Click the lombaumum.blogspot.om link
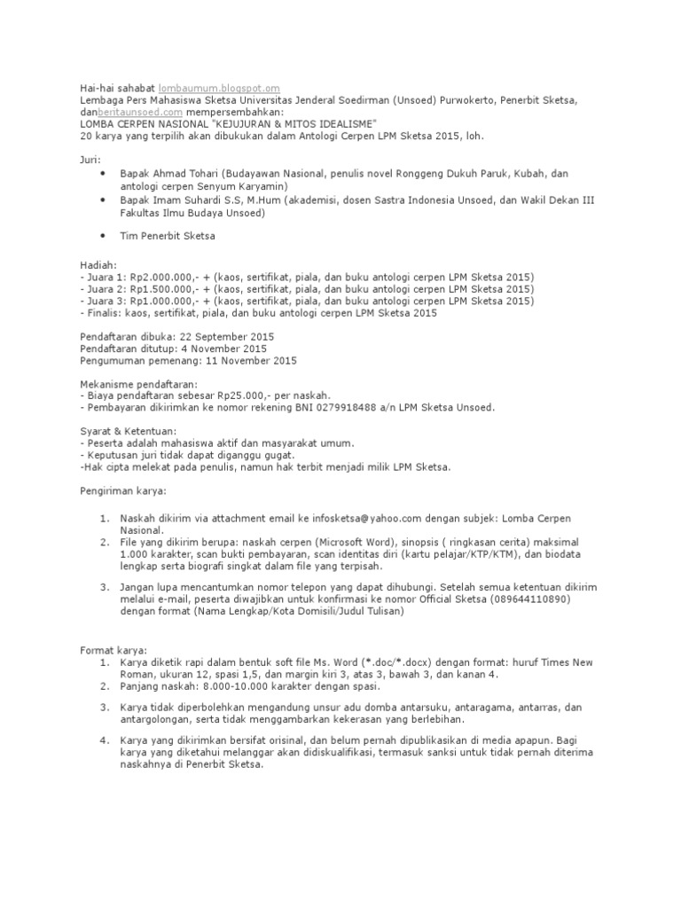click(219, 89)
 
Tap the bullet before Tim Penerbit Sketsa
click(104, 235)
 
